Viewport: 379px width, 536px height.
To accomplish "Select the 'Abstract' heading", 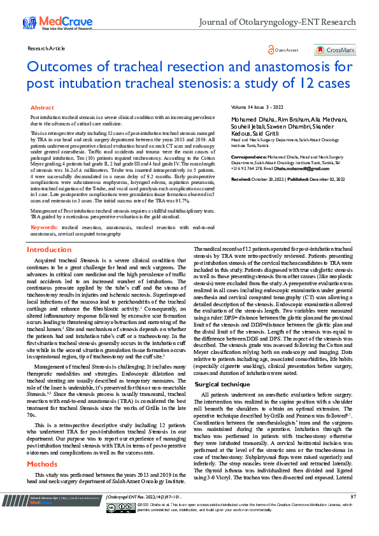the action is [x=43, y=108].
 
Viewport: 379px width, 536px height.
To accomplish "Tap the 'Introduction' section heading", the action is [x=50, y=250].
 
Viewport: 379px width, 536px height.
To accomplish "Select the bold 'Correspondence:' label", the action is [x=248, y=156].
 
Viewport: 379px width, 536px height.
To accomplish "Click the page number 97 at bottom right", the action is [x=353, y=514].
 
